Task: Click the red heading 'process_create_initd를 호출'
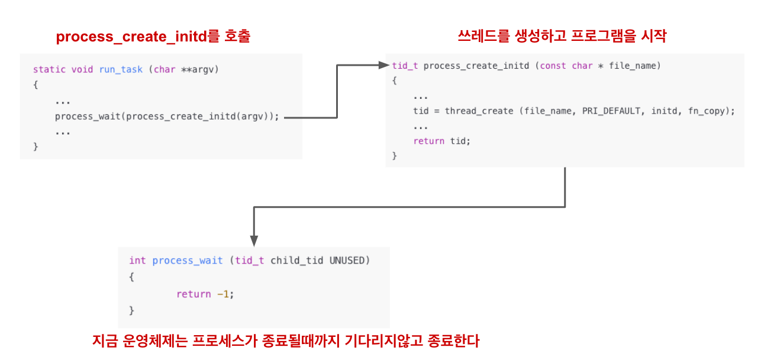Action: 153,37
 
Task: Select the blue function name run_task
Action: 120,69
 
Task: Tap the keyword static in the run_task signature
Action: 49,69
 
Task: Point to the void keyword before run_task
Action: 82,69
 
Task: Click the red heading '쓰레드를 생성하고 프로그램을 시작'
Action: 562,36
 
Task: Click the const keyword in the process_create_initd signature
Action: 553,66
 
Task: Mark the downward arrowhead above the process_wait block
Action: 254,240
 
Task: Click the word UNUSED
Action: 347,261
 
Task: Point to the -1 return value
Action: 223,294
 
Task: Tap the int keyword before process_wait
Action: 137,261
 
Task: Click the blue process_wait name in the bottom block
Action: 188,261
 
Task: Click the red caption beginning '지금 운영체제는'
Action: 285,342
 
